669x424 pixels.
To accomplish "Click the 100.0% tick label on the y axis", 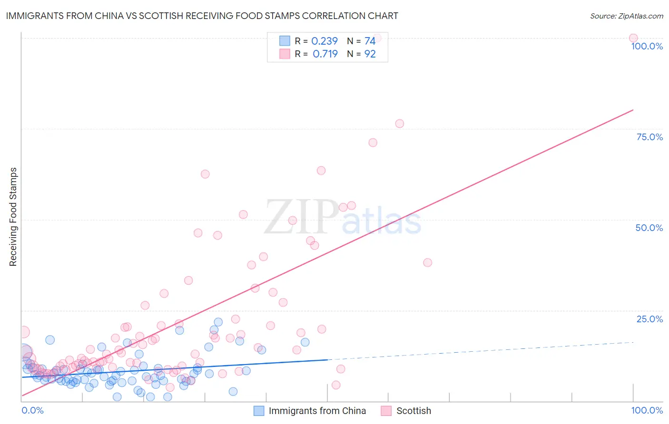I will coord(647,46).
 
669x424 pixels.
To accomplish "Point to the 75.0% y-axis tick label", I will coord(649,137).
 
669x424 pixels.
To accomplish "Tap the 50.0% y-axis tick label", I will coord(649,228).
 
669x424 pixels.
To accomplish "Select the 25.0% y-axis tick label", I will coord(649,318).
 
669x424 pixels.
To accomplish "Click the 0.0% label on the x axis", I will coord(32,410).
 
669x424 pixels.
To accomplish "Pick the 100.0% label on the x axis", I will coord(647,410).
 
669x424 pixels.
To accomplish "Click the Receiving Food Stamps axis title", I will coord(13,217).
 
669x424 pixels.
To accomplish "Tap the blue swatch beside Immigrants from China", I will coord(259,411).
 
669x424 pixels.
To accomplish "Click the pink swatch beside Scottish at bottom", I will coord(386,411).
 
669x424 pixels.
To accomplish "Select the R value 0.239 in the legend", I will coord(324,41).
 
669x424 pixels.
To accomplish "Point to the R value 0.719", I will coord(325,54).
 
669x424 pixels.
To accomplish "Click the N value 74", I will coord(370,41).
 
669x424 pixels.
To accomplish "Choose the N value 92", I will coord(370,54).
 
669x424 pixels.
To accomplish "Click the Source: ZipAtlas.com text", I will coord(626,16).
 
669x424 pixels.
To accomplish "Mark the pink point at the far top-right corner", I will coord(633,38).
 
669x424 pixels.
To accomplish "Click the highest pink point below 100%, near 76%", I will coord(399,124).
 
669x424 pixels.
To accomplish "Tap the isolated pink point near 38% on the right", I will coord(427,262).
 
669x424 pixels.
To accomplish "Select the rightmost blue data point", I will coord(305,342).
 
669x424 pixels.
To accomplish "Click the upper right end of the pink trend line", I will coord(633,110).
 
